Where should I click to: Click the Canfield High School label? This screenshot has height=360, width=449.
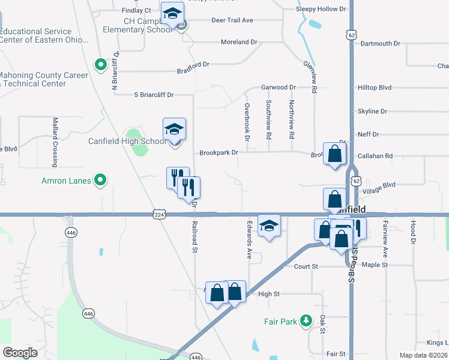pyautogui.click(x=127, y=142)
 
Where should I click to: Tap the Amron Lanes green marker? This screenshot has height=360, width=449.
pyautogui.click(x=101, y=179)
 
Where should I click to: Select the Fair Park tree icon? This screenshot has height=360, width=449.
pyautogui.click(x=306, y=321)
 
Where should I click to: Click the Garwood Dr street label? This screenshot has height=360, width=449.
pyautogui.click(x=279, y=87)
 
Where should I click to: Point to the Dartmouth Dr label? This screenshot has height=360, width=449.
pyautogui.click(x=380, y=44)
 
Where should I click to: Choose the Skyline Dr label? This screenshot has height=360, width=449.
pyautogui.click(x=372, y=112)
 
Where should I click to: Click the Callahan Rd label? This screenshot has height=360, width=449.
pyautogui.click(x=375, y=156)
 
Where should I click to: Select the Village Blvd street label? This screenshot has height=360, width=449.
pyautogui.click(x=380, y=185)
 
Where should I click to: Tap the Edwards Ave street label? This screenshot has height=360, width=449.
pyautogui.click(x=249, y=239)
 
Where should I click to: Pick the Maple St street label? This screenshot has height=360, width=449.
pyautogui.click(x=375, y=265)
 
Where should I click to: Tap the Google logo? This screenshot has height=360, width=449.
pyautogui.click(x=20, y=353)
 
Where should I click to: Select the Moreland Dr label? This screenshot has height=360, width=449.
pyautogui.click(x=239, y=43)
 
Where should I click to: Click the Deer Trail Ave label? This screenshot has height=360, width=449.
pyautogui.click(x=232, y=20)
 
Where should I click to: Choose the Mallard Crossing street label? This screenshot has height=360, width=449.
pyautogui.click(x=55, y=142)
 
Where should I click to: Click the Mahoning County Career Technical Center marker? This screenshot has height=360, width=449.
pyautogui.click(x=101, y=64)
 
